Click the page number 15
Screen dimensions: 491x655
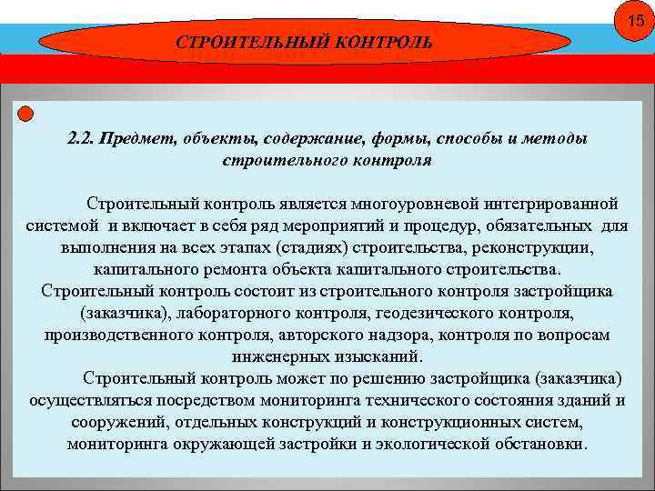click(x=632, y=20)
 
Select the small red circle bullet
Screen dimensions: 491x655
click(x=25, y=114)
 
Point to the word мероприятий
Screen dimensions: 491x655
click(x=335, y=225)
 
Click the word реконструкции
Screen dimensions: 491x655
click(x=539, y=248)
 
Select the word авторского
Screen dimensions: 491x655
click(x=322, y=335)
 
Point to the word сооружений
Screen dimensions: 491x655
click(x=116, y=423)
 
